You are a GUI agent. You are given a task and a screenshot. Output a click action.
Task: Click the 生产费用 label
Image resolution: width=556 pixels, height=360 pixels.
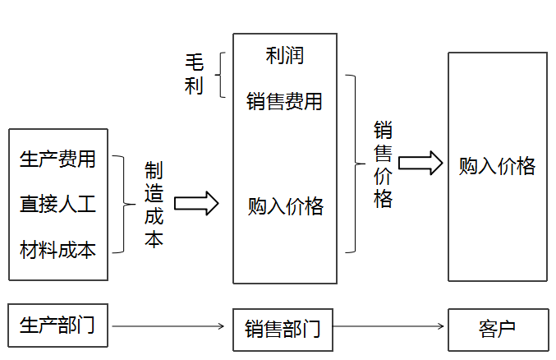click(57, 159)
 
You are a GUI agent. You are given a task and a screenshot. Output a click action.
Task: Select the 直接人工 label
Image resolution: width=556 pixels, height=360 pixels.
click(57, 204)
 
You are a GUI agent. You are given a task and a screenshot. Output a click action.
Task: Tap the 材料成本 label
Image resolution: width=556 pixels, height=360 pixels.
click(57, 249)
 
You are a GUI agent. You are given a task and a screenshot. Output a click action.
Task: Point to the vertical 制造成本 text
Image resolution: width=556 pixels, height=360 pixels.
click(154, 205)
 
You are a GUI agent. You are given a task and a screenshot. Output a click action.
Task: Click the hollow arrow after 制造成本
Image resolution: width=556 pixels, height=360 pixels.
click(196, 203)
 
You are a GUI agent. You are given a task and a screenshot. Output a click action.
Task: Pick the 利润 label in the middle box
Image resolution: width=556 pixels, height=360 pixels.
click(284, 56)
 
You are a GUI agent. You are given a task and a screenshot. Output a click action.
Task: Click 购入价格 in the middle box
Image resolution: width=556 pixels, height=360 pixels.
click(285, 206)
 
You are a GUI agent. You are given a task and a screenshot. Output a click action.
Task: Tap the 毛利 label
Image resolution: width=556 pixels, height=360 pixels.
click(194, 76)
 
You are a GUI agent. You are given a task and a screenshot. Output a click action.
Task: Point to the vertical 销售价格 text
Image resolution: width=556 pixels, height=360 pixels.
click(384, 164)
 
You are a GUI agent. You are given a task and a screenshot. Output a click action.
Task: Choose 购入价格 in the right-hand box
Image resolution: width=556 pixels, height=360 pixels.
click(497, 166)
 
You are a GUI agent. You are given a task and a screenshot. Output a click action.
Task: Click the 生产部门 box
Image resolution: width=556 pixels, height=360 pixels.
click(57, 325)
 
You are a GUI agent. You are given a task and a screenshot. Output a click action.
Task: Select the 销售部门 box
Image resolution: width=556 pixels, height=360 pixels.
click(283, 330)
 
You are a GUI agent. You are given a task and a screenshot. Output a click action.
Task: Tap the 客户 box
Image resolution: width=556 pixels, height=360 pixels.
click(497, 330)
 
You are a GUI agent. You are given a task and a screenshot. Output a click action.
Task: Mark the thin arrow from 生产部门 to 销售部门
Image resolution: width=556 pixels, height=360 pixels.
click(168, 326)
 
